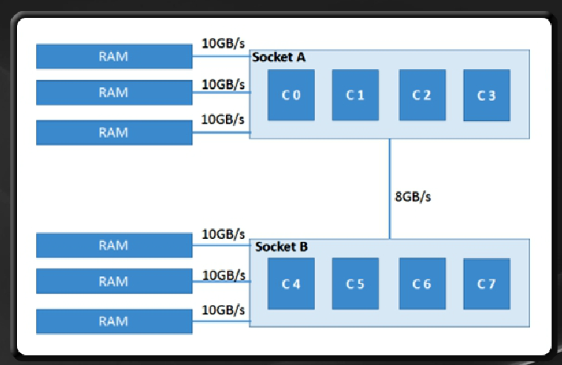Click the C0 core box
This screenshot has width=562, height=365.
point(291,95)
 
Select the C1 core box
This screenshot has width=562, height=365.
point(355,95)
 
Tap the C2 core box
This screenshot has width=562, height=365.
point(422,95)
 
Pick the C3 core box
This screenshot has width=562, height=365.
point(486,95)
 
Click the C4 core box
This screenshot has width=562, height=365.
point(291,283)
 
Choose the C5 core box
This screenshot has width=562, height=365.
point(355,283)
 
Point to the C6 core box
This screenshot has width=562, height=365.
point(422,283)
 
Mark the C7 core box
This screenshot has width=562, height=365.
point(486,283)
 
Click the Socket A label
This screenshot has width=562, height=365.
point(279,57)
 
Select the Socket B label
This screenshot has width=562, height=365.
point(281,247)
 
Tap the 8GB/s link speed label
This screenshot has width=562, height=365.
point(412,197)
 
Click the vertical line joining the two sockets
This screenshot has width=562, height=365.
point(389,188)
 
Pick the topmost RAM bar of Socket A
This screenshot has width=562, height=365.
point(114,56)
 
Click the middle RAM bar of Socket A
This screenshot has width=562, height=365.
point(114,93)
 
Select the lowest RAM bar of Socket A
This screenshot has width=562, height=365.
point(114,133)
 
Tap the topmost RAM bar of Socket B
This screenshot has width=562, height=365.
point(114,246)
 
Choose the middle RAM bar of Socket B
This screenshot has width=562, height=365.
point(114,281)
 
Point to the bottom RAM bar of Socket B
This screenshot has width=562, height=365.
point(114,321)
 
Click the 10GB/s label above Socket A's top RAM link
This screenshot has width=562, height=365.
point(223,43)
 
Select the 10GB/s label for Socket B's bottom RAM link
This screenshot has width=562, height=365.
point(223,310)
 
